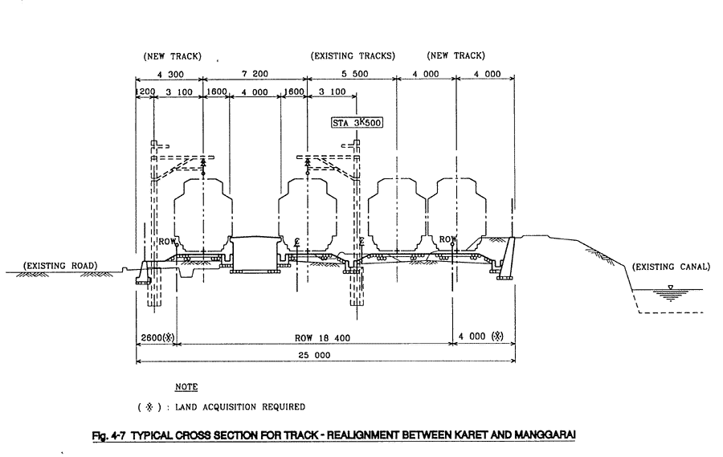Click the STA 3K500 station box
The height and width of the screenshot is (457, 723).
357,123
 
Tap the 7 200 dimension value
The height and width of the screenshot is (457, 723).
255,74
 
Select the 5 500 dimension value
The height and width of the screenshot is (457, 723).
354,74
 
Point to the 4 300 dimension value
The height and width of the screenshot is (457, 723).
170,74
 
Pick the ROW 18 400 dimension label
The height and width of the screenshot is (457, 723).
322,338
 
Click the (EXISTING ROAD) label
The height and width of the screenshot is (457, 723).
60,266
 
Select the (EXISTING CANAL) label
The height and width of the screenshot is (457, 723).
671,267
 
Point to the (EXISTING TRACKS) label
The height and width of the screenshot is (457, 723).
353,55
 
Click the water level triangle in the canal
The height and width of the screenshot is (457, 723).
671,288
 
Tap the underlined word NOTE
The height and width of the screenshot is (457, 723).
186,387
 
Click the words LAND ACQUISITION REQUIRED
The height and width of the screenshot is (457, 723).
239,406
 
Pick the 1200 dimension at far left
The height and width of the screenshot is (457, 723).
145,92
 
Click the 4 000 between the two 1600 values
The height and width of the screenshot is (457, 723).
255,92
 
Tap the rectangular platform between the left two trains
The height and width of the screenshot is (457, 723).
255,254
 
